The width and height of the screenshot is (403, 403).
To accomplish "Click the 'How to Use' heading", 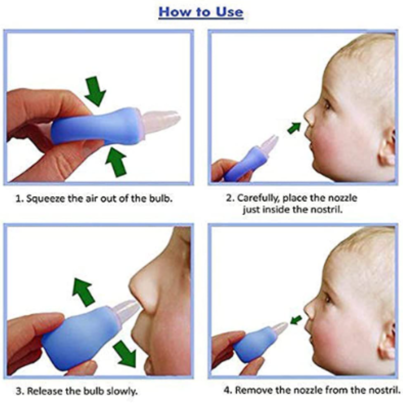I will [201, 12].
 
